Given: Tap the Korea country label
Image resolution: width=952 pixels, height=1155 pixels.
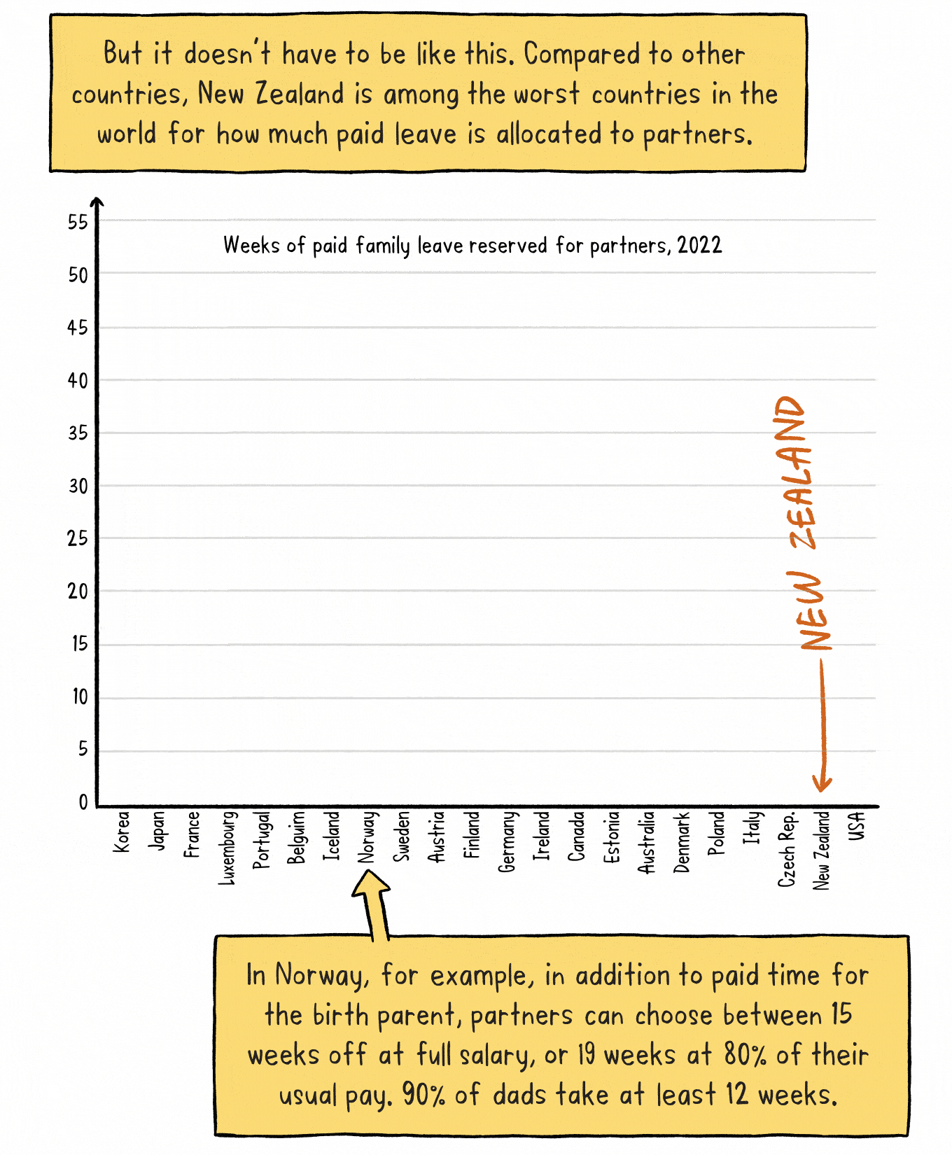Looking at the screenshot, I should (x=121, y=832).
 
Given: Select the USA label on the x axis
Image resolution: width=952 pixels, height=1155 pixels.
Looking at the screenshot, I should (x=857, y=826).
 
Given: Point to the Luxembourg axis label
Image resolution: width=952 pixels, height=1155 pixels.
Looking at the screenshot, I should (x=227, y=848).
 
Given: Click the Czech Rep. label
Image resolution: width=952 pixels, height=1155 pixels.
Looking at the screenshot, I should (x=787, y=849).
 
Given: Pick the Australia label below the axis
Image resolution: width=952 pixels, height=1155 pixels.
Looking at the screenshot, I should (x=647, y=842).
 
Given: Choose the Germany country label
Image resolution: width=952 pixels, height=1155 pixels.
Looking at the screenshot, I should (x=507, y=842).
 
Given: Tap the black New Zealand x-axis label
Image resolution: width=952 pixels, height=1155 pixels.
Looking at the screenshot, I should (x=822, y=850).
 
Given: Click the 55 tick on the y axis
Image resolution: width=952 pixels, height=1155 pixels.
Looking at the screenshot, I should (x=78, y=223).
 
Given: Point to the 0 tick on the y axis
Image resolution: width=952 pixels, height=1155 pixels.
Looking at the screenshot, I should (x=83, y=802).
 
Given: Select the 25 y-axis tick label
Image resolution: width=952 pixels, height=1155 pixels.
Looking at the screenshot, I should (x=78, y=539).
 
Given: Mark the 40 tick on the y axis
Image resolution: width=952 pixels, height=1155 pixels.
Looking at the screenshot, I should (x=78, y=381).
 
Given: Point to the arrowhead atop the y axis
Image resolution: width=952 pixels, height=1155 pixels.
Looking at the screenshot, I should (x=97, y=203).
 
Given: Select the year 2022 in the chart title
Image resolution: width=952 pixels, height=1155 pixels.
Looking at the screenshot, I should (x=699, y=245).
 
